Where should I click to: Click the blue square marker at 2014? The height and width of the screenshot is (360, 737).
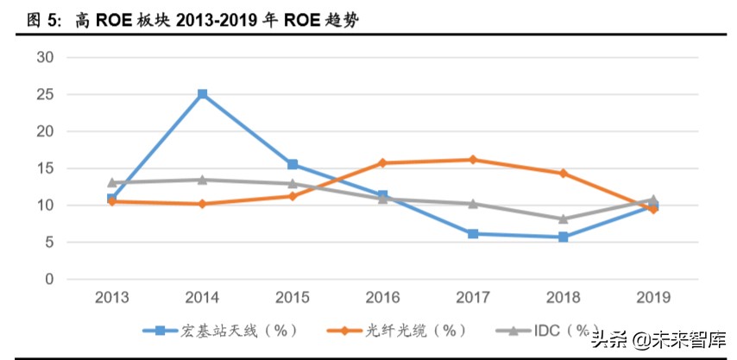[203, 94]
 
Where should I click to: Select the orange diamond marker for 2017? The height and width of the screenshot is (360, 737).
[473, 160]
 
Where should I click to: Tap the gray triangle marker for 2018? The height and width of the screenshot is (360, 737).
[564, 219]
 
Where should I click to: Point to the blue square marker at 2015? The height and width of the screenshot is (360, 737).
[293, 164]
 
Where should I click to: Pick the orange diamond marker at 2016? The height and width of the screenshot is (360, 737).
[383, 162]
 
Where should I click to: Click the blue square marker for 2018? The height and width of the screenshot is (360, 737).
[564, 237]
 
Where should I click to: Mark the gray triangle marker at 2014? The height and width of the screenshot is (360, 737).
[203, 180]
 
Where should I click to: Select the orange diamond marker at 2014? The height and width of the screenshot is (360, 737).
[203, 204]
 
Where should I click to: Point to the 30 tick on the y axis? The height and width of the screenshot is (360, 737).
[45, 57]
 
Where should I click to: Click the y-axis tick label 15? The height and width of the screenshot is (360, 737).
[45, 168]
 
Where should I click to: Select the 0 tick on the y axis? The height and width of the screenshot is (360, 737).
[49, 280]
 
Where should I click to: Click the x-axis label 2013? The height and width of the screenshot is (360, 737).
[112, 298]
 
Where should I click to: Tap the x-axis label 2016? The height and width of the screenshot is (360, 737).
[383, 298]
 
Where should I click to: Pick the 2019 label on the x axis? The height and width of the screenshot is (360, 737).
[653, 298]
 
